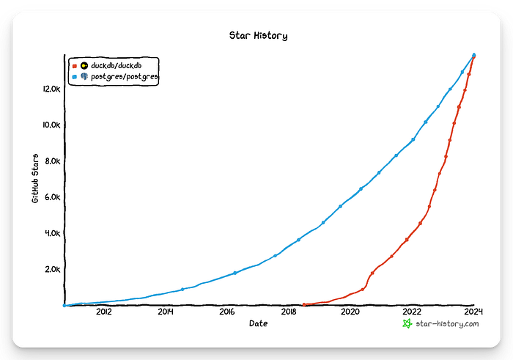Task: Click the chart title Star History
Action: (258, 35)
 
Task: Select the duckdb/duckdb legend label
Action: (116, 65)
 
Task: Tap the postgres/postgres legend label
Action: (125, 76)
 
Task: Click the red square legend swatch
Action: (75, 66)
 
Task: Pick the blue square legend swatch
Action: (75, 77)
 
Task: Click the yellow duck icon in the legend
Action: (84, 65)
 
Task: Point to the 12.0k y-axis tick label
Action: (52, 89)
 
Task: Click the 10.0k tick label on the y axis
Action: (52, 125)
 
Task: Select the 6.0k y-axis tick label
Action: (53, 197)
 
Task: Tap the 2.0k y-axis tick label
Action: (53, 269)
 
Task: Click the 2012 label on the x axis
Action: (104, 312)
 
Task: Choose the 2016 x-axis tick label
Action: (227, 312)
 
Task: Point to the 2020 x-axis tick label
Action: (350, 312)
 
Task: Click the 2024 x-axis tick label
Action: (473, 312)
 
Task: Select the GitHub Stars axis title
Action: (35, 178)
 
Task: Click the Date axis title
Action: (259, 323)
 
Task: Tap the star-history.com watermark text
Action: (447, 324)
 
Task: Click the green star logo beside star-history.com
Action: (407, 323)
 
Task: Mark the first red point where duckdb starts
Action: (304, 305)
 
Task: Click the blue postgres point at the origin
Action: (64, 305)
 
